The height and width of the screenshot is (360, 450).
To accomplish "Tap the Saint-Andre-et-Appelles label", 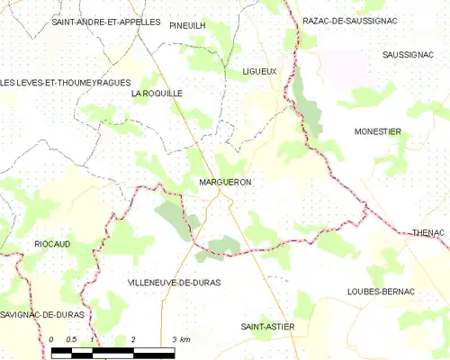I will tap(105, 21).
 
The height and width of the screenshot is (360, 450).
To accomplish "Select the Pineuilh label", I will tap(187, 26).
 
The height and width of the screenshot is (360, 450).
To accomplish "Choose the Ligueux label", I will tap(259, 70).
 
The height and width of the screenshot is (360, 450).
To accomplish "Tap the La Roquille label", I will tap(157, 93).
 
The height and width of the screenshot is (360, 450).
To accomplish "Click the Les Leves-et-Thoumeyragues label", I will tap(59, 83).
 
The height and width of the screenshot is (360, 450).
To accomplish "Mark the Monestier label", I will tap(377, 131).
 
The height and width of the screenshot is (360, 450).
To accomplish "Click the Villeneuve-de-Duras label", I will tap(169, 282).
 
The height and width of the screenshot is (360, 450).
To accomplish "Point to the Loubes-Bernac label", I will tap(381, 292).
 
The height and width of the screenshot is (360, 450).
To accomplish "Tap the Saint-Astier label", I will tap(267, 326).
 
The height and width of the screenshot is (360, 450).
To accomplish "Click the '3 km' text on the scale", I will tap(181, 339).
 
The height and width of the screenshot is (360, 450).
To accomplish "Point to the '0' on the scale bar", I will tap(53, 339).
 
